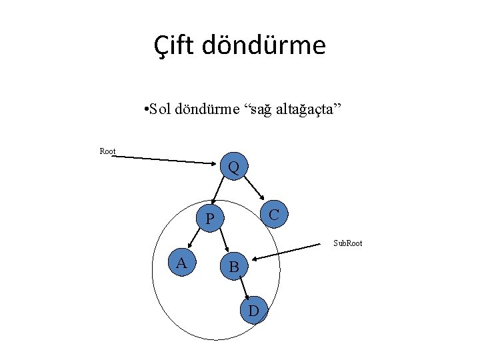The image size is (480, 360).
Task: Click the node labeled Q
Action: (x=234, y=165)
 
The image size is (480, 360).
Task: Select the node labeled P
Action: (x=210, y=219)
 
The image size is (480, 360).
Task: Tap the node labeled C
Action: (x=273, y=213)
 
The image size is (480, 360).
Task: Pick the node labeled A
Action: (x=181, y=263)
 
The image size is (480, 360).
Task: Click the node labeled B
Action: (x=234, y=267)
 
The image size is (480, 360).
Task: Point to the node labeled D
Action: (x=254, y=310)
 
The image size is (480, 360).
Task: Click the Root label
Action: (x=107, y=151)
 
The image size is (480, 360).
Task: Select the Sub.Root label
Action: (x=347, y=243)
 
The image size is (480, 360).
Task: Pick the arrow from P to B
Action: (x=223, y=242)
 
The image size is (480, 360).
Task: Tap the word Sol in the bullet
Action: (x=161, y=109)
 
